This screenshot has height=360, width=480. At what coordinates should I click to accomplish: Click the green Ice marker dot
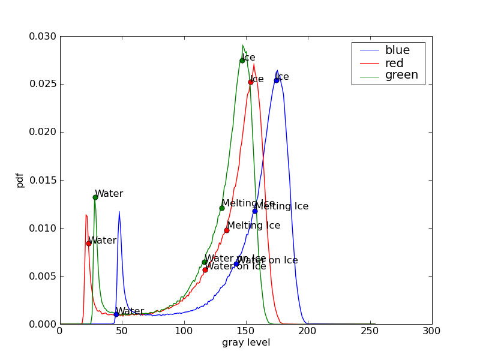(242, 61)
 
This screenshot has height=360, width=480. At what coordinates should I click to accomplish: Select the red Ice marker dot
(251, 82)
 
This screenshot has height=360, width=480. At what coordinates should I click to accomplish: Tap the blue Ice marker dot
(277, 80)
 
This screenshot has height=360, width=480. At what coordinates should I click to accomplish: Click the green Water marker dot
(95, 197)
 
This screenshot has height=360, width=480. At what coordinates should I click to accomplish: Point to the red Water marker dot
(89, 243)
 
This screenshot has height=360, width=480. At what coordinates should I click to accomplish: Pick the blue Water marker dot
(116, 314)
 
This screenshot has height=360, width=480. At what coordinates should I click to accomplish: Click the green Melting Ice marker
(222, 208)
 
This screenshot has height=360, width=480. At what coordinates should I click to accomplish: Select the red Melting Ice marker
(227, 230)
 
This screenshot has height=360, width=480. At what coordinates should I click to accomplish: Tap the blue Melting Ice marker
(255, 211)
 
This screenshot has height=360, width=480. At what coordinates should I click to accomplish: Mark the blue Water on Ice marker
(236, 263)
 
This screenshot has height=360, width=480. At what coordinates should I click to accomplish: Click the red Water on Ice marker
(205, 270)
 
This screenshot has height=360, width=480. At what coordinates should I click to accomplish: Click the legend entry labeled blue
(397, 50)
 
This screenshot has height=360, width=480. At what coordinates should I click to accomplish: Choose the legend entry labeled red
(394, 63)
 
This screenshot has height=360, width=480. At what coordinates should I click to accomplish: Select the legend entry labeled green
(401, 75)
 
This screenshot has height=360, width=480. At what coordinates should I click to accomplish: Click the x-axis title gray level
(246, 343)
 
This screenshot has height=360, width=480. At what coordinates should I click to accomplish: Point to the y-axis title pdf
(20, 180)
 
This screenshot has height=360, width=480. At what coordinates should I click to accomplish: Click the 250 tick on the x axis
(370, 331)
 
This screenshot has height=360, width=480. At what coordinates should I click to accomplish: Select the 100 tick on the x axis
(184, 331)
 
